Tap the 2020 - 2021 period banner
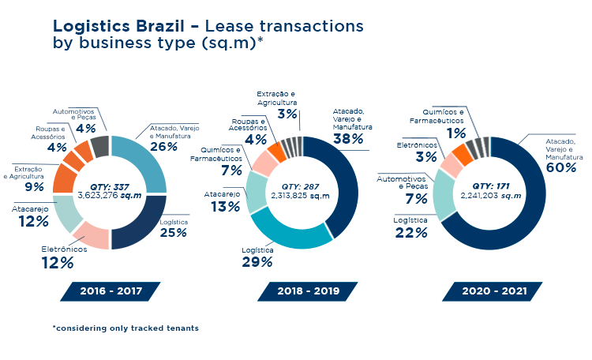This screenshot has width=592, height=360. point(493,291)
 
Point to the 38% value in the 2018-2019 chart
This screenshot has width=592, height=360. point(348,139)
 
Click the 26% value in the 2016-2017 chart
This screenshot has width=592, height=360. point(163,146)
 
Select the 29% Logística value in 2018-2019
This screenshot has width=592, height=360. point(257,261)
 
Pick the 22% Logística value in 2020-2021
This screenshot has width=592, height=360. point(412,233)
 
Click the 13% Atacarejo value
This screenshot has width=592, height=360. point(224,206)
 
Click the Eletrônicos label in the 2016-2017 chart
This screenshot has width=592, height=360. point(62,249)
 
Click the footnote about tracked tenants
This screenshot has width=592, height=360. point(126,328)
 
